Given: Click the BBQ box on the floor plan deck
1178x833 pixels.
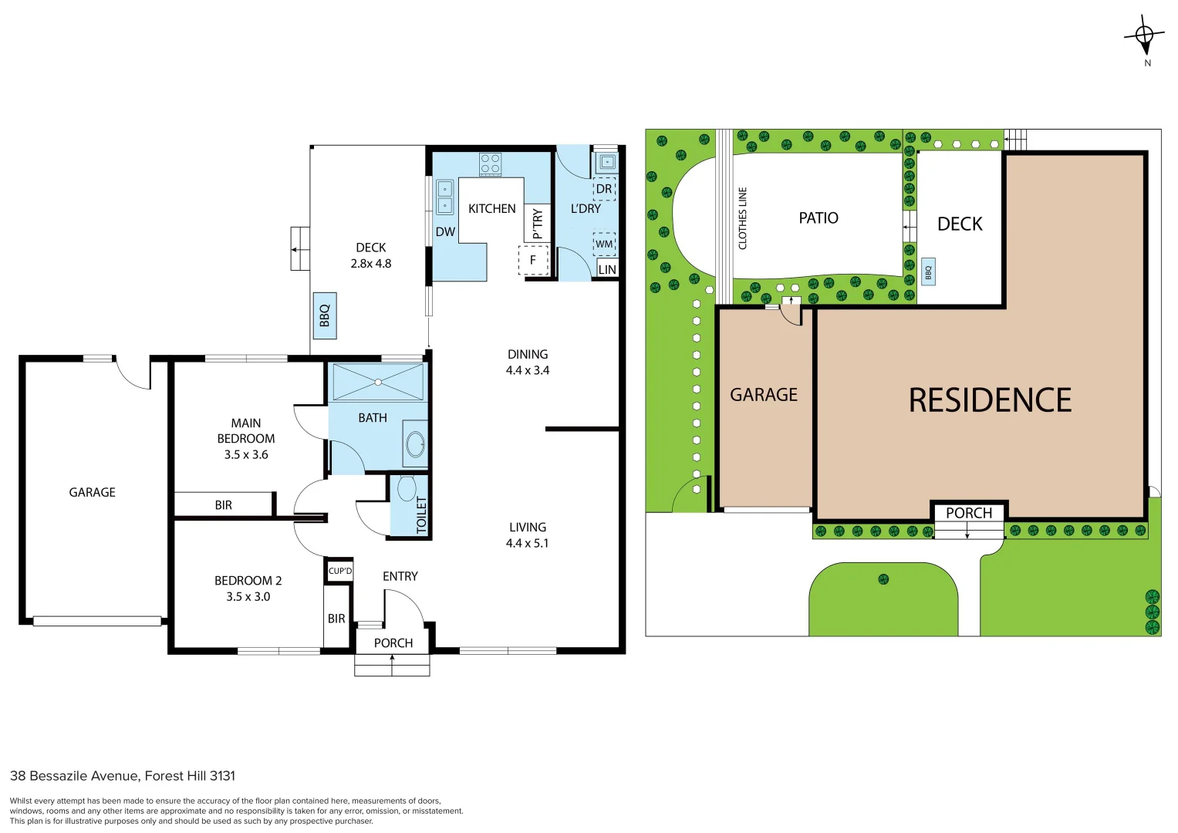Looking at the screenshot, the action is (325, 315).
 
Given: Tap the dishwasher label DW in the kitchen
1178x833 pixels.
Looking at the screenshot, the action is (445, 232).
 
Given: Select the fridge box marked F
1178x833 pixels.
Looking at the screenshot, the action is (533, 260).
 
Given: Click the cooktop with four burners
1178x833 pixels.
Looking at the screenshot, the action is (490, 164).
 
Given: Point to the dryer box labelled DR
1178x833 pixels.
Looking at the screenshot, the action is (604, 189).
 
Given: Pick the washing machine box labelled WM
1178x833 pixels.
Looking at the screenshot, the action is (604, 244).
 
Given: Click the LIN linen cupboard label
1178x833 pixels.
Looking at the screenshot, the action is (607, 269).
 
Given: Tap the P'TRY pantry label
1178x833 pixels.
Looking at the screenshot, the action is (537, 224).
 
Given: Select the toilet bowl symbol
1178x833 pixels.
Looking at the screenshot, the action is (407, 488).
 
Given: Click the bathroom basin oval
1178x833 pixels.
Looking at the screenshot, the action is (416, 444).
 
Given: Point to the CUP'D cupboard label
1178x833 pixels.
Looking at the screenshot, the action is (340, 571).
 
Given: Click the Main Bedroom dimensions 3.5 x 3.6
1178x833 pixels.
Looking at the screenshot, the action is (246, 455).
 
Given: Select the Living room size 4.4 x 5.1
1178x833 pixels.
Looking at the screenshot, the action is (527, 543).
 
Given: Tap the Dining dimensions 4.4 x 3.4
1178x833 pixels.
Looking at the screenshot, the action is (528, 370).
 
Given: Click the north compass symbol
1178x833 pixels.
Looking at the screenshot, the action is (1145, 35).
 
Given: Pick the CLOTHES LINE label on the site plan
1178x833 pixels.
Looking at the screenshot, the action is (743, 218).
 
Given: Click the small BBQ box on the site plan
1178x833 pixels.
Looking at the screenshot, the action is (928, 271).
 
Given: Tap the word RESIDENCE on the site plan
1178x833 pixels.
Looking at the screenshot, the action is (990, 400).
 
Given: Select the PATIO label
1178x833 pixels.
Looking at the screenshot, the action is (819, 218).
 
